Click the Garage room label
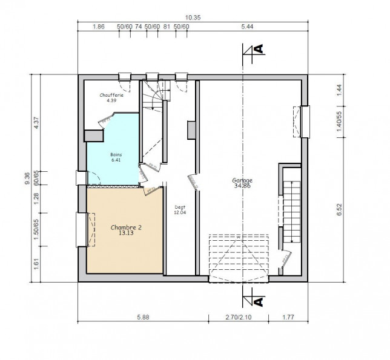[242, 180]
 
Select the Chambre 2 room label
[126, 227]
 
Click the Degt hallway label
[180, 207]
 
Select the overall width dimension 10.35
[194, 18]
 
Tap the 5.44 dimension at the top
[246, 27]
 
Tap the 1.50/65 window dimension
[36, 229]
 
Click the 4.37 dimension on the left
[36, 123]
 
